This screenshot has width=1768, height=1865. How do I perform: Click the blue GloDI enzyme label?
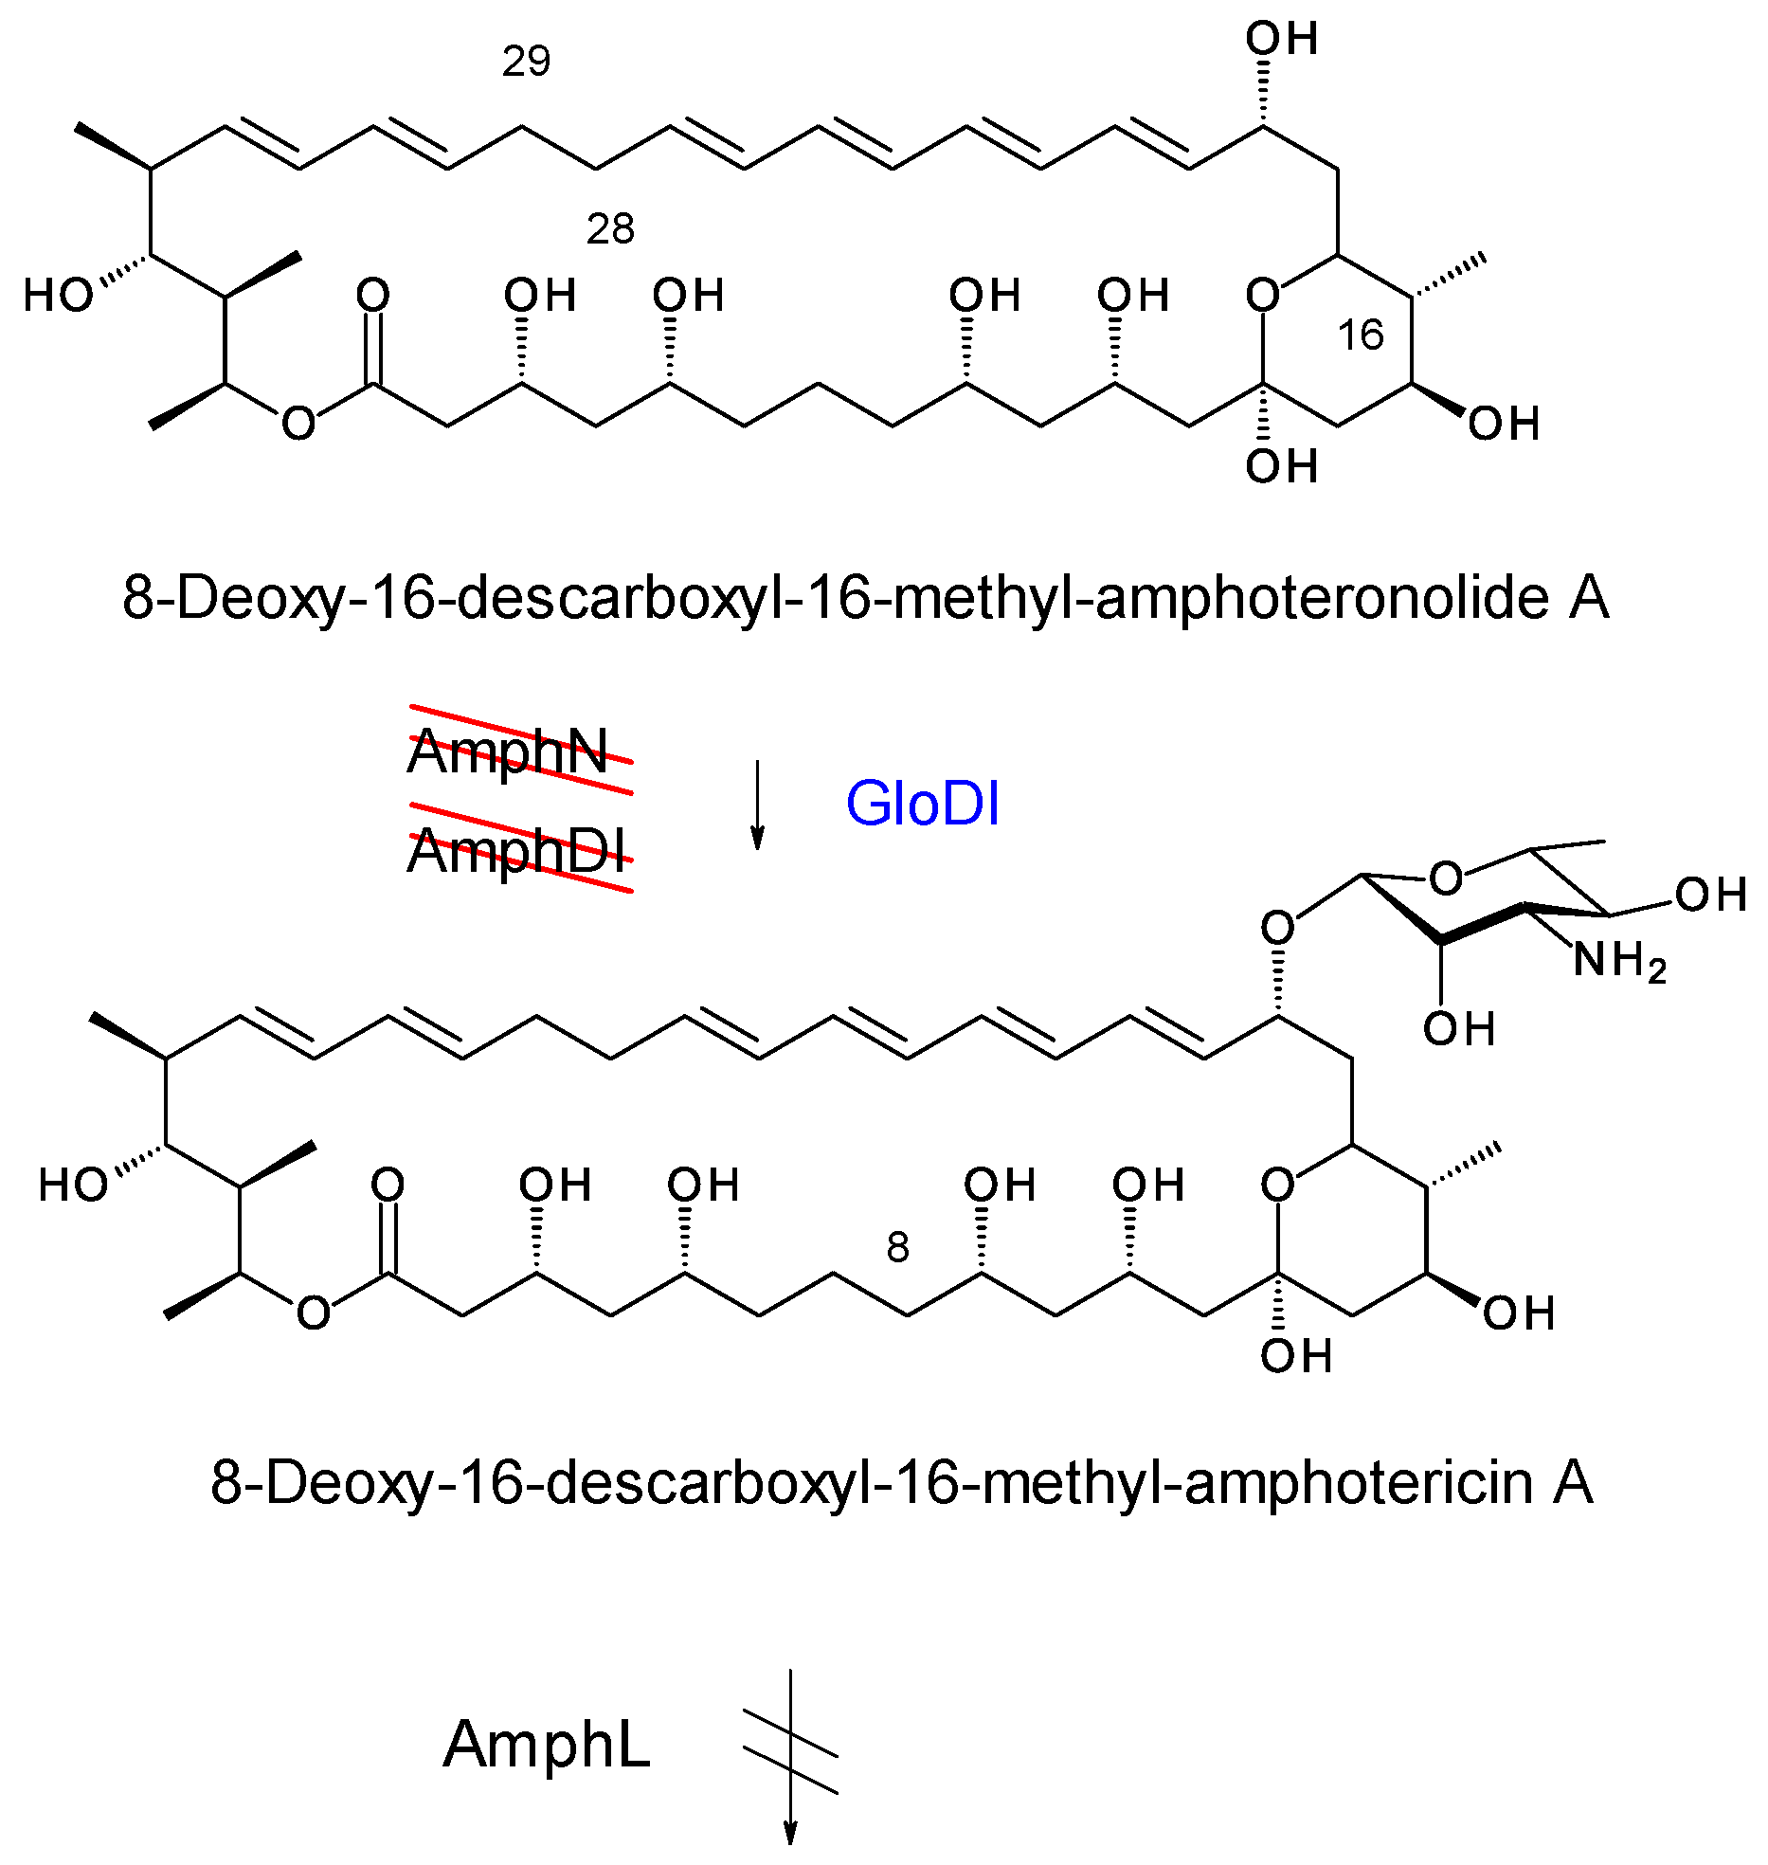922,805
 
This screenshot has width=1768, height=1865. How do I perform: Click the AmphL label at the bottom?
547,1745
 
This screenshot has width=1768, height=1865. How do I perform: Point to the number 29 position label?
526,62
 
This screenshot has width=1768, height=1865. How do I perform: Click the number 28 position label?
609,229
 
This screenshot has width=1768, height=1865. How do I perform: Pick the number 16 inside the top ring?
1361,335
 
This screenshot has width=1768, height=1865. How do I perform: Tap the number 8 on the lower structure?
897,1248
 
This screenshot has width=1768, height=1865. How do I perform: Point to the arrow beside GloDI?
757,805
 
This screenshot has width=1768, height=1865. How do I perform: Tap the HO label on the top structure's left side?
57,296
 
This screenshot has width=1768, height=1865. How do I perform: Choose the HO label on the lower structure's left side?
72,1186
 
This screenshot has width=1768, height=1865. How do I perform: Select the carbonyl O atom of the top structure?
372,295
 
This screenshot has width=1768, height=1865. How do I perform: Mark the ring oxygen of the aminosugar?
1445,879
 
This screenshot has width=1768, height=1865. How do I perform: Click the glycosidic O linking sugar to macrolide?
1277,927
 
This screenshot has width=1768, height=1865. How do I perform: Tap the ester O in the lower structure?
313,1313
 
